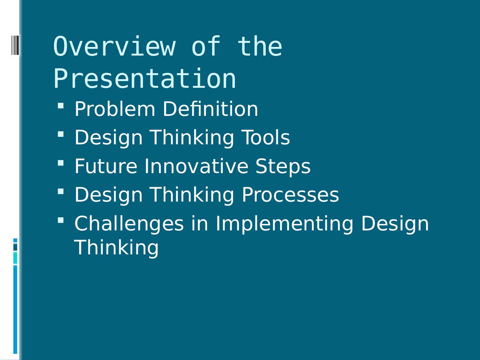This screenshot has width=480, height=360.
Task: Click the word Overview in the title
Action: pos(115,46)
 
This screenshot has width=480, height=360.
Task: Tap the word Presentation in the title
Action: pos(145,79)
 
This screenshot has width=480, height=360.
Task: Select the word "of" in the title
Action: pos(206,46)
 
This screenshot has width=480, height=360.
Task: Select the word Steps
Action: pos(283,167)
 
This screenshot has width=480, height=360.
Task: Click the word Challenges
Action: pos(129,224)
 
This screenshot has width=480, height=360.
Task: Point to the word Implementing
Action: pos(284,224)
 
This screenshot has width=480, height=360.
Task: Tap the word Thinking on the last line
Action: pos(116,248)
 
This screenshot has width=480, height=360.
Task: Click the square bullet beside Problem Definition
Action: pos(61,106)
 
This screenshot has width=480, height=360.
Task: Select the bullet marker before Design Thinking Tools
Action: pos(61,134)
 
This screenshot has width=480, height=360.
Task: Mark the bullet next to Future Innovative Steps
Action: pos(61,163)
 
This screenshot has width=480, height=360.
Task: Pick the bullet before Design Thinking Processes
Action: pos(61,191)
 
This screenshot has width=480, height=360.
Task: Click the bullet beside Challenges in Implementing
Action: pos(61,220)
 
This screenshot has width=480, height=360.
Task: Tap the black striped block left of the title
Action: pos(15,45)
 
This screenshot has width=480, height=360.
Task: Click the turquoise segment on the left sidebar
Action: pos(15,258)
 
